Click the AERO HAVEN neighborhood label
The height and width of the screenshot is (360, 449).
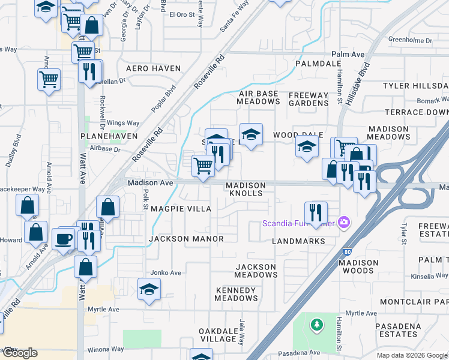point(153,68)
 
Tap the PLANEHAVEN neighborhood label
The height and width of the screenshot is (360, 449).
point(106,137)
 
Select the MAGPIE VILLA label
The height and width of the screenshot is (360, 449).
point(181,208)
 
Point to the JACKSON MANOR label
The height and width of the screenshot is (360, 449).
point(186,239)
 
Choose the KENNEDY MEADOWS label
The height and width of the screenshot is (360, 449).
point(237,294)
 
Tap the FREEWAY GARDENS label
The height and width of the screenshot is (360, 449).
point(309,99)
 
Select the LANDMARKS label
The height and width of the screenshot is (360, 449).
point(298,241)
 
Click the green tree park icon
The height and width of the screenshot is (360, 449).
point(316,325)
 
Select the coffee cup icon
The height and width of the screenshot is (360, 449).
point(64,238)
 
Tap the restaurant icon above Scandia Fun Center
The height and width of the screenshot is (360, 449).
point(315,211)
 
